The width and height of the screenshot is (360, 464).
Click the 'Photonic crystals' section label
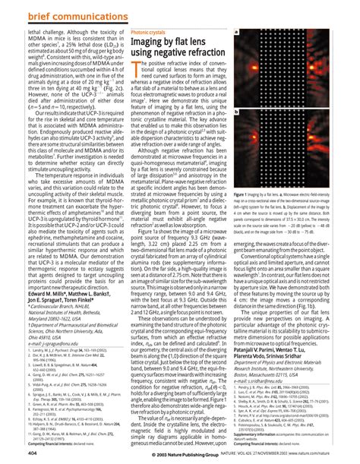(x=148, y=33)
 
